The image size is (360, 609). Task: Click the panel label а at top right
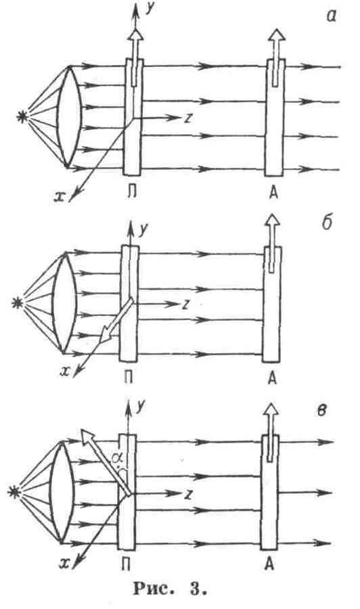pyautogui.click(x=330, y=16)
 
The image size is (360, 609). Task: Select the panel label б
pyautogui.click(x=327, y=223)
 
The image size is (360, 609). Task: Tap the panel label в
pyautogui.click(x=321, y=411)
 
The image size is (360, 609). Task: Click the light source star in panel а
pyautogui.click(x=23, y=118)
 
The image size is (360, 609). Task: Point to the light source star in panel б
pyautogui.click(x=18, y=302)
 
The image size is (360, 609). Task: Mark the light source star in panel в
pyautogui.click(x=14, y=492)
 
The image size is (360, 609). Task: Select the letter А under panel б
pyautogui.click(x=272, y=378)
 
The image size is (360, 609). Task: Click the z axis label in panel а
pyautogui.click(x=188, y=118)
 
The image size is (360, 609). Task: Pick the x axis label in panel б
pyautogui.click(x=65, y=371)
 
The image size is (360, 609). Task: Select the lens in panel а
pyautogui.click(x=69, y=116)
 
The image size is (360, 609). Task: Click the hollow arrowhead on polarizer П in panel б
pyautogui.click(x=106, y=333)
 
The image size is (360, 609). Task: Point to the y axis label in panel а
pyautogui.click(x=149, y=10)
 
